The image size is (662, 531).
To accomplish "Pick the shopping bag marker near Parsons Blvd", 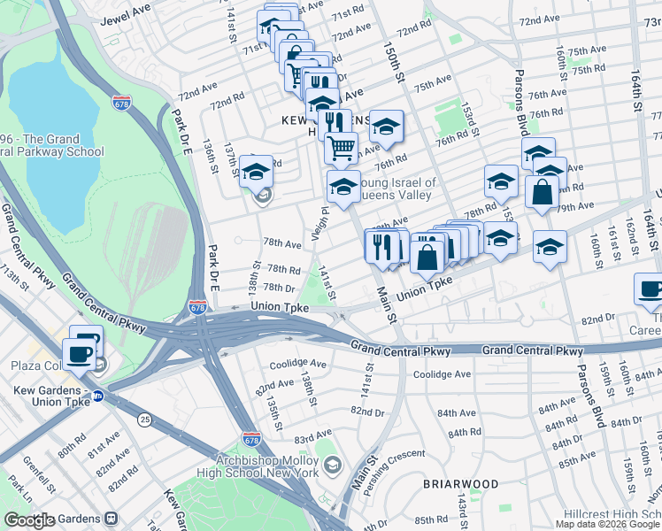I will [542, 191].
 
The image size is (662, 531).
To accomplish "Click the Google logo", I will [30, 520].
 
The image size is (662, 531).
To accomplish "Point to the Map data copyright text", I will [608, 523].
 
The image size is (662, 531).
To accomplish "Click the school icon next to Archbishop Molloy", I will [331, 465].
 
